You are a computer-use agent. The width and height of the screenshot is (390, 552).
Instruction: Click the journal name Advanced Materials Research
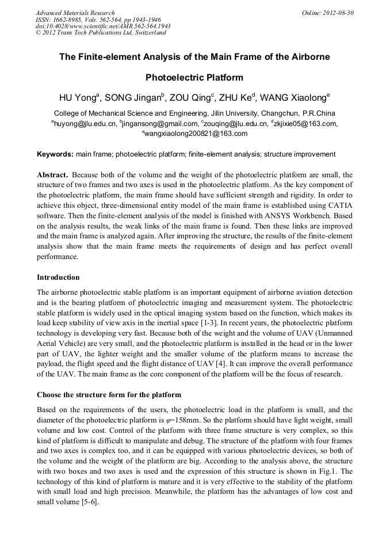(75, 13)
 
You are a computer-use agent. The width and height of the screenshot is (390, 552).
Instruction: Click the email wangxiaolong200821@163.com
(196, 134)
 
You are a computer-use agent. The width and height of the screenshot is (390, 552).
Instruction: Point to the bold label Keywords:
(55, 154)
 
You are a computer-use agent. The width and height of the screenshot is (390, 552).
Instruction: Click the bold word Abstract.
(53, 174)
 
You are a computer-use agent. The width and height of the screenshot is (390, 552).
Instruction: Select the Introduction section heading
(58, 277)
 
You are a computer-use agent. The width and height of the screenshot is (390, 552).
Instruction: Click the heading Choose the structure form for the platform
(109, 395)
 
